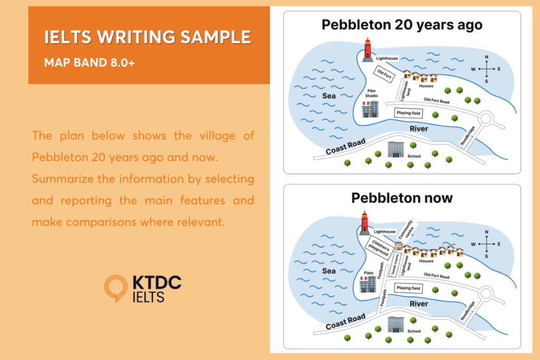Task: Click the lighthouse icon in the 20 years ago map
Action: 368,48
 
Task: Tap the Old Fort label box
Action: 384,74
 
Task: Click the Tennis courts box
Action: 394,262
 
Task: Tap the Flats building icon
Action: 367,285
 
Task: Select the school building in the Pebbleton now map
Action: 396,324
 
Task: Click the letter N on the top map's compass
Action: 486,57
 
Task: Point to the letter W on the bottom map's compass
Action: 473,244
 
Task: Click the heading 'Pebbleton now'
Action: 402,198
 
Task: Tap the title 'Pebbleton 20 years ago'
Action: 402,25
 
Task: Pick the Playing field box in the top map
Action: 409,112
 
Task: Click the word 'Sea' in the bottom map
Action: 329,271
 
